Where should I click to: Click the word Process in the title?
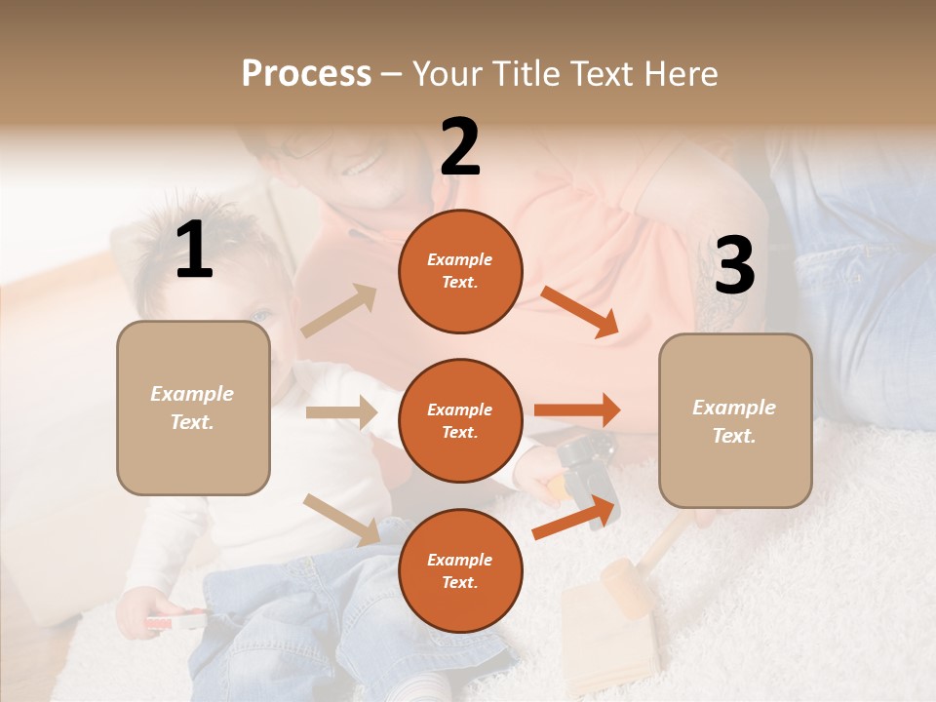click(306, 73)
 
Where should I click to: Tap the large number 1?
click(194, 251)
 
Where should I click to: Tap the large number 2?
click(460, 147)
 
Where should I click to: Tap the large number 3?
click(734, 266)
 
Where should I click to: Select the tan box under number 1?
click(193, 408)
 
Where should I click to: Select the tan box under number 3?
click(735, 421)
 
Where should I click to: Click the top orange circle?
click(460, 271)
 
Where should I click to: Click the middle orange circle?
click(460, 421)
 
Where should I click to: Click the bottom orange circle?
click(460, 570)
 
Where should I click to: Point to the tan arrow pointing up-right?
click(339, 311)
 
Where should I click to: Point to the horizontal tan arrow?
click(341, 412)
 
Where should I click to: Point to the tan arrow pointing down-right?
click(342, 520)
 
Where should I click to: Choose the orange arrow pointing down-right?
click(580, 312)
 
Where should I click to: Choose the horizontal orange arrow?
click(577, 410)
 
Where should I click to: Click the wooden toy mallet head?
click(624, 587)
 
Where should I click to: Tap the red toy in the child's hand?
click(175, 620)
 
